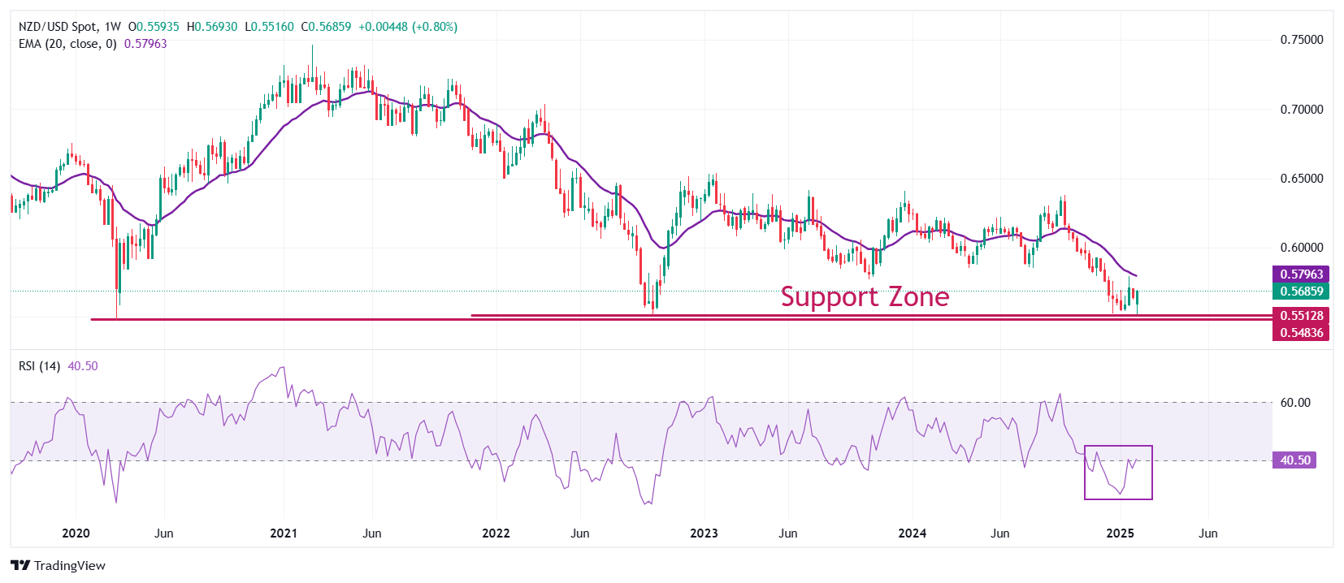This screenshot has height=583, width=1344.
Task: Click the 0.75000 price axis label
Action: click(1301, 40)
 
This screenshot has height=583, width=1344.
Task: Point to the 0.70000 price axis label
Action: click(1301, 110)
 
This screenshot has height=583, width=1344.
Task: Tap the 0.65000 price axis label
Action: click(1301, 179)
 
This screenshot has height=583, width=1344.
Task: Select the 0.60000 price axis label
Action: click(1301, 248)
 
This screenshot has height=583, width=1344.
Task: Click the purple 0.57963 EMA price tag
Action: click(1301, 274)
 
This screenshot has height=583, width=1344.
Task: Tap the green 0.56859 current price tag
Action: click(1301, 291)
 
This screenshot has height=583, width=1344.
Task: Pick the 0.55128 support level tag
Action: click(1301, 316)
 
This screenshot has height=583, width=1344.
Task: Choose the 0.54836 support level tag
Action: click(1301, 333)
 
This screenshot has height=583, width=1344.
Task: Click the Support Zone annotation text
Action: click(865, 297)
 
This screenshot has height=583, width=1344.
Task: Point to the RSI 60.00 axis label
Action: click(1295, 403)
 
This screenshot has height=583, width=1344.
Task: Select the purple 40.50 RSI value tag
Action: click(1294, 460)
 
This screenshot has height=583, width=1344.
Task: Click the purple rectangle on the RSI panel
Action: click(1118, 472)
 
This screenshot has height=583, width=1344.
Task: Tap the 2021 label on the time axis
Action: click(284, 533)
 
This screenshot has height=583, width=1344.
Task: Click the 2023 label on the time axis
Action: click(704, 533)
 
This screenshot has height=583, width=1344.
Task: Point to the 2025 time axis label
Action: click(1121, 533)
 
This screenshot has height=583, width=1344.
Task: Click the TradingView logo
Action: click(59, 566)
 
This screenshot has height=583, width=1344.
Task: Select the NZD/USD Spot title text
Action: click(58, 27)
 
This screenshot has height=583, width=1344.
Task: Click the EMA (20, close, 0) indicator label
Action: click(67, 44)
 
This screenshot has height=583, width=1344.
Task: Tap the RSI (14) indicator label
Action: click(39, 366)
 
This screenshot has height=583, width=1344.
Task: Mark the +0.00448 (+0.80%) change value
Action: click(408, 27)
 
